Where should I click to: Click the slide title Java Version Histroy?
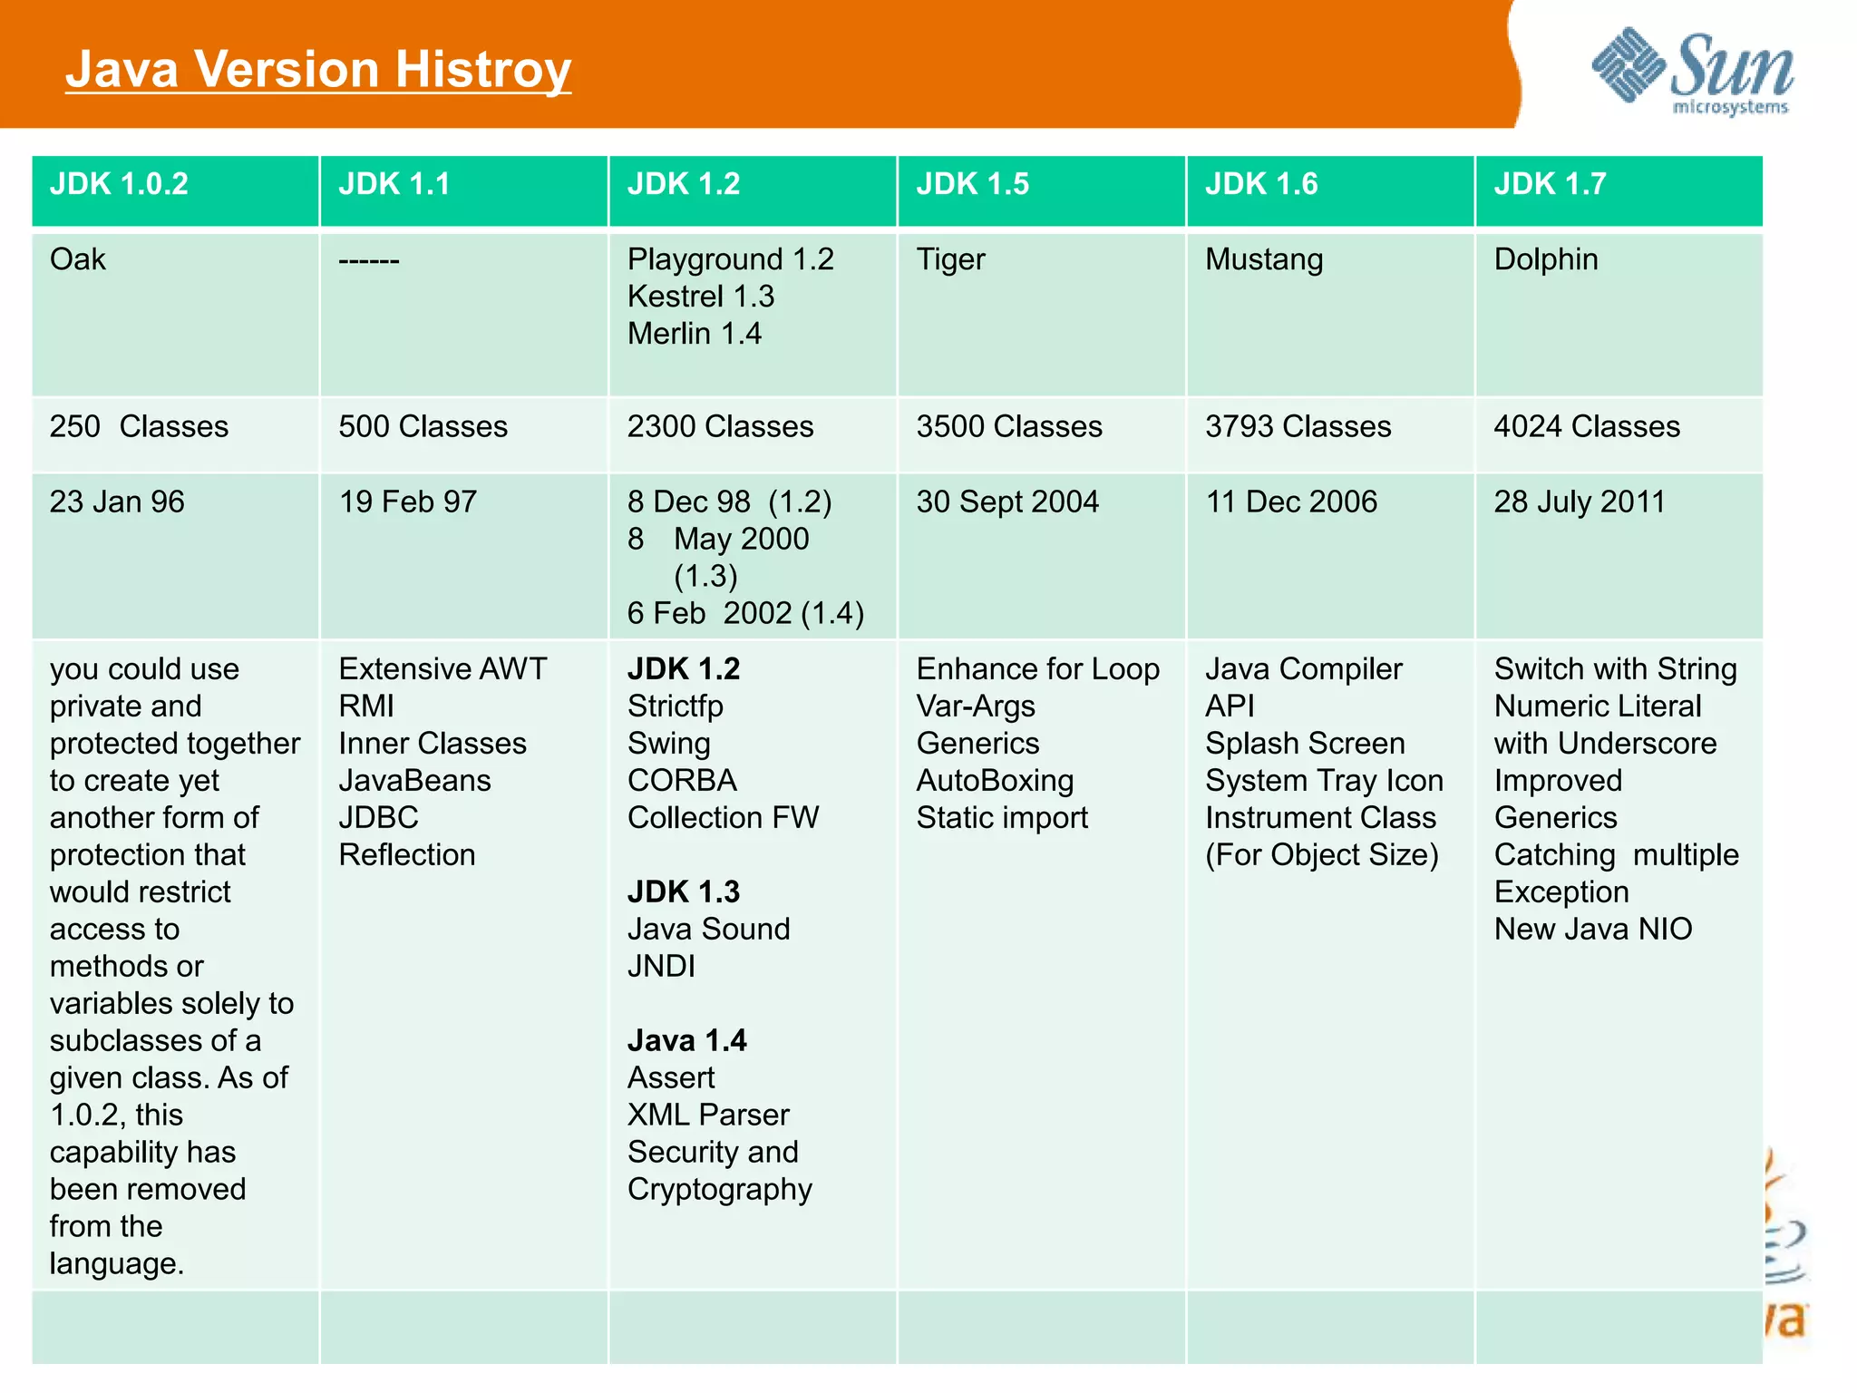[318, 69]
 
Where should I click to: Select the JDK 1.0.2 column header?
[119, 184]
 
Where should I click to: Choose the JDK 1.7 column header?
[1550, 184]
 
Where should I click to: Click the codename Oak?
[78, 259]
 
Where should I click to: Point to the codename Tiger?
[950, 259]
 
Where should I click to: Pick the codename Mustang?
[1264, 259]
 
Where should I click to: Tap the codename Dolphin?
[1546, 259]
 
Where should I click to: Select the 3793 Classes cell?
[1298, 426]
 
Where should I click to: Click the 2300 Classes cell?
[720, 426]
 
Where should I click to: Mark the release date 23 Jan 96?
[117, 502]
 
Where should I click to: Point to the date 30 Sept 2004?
[1007, 502]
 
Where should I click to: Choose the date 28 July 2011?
[1580, 502]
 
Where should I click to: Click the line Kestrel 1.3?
[701, 297]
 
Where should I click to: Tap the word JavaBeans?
[414, 781]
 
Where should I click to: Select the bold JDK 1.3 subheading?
[684, 892]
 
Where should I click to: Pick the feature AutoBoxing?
[995, 781]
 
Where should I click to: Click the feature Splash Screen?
[1305, 744]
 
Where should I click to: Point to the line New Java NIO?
[1593, 930]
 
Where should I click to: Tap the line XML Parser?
[708, 1115]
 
